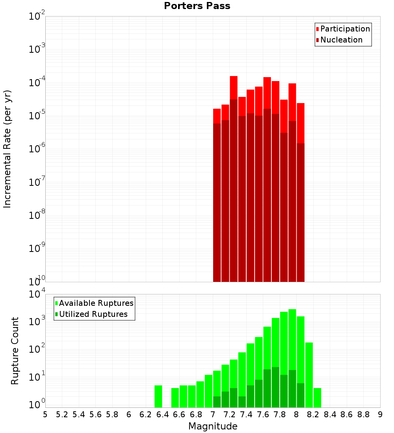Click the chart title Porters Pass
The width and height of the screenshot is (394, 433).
coord(197,6)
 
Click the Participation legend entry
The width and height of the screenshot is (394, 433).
coord(345,29)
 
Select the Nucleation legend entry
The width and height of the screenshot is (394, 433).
coord(341,40)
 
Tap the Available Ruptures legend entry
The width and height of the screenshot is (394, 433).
coord(96,303)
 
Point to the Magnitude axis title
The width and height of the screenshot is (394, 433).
coord(213,426)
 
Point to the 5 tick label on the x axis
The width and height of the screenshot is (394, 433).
coord(45,414)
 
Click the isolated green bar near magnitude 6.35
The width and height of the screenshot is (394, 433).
coord(158,396)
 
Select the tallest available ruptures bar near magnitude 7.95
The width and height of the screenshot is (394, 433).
coord(292,339)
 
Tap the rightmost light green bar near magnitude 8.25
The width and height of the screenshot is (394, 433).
coord(317,398)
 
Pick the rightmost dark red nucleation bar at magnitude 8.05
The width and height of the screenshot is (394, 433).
coord(301,213)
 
